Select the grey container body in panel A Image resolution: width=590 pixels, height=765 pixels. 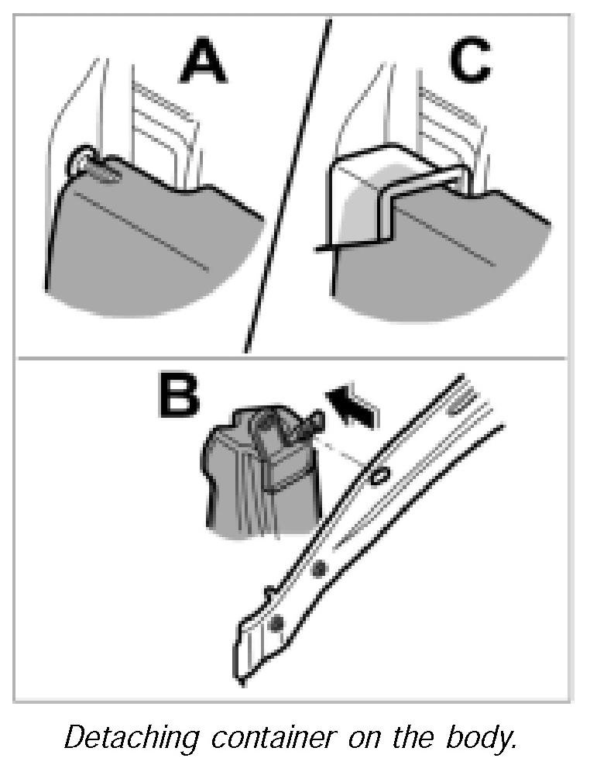pyautogui.click(x=147, y=240)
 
